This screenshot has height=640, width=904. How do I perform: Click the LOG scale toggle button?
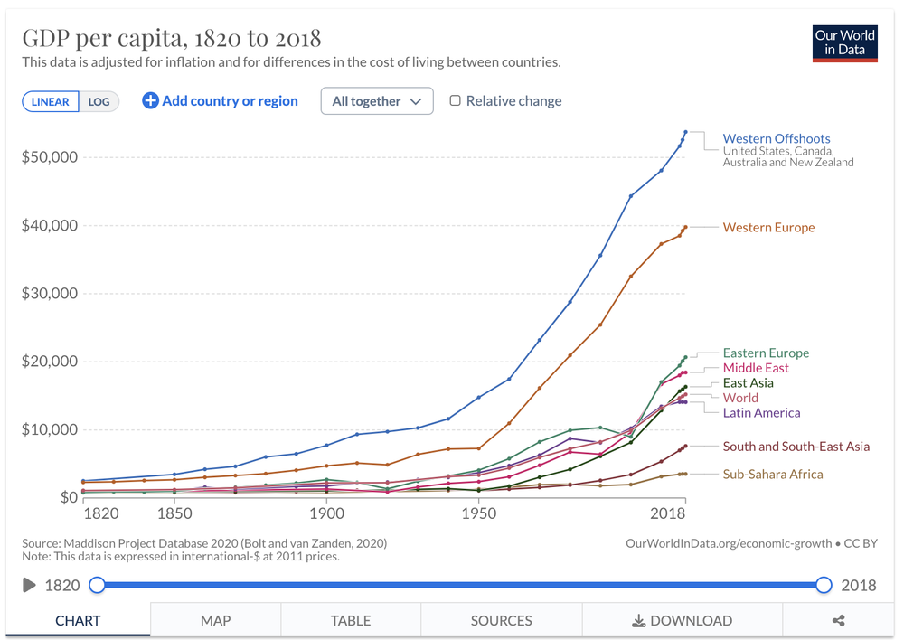click(x=99, y=101)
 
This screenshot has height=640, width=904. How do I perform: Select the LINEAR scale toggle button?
click(x=51, y=101)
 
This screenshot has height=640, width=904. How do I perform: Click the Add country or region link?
click(x=220, y=101)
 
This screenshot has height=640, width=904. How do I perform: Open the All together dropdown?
click(x=377, y=101)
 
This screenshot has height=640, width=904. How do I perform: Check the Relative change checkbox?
click(x=456, y=101)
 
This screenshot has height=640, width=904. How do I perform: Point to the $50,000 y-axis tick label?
click(x=50, y=157)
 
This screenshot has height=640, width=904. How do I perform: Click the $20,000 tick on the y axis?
click(x=50, y=362)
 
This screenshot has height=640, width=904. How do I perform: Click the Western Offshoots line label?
click(x=776, y=139)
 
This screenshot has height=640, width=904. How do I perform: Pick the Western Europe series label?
click(x=768, y=228)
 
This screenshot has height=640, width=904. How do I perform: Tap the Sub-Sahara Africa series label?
click(x=773, y=474)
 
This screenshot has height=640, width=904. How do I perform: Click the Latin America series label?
click(x=761, y=413)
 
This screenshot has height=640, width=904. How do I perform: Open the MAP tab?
click(x=215, y=620)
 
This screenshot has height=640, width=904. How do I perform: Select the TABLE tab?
click(x=351, y=620)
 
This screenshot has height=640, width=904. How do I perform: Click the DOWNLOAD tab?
click(x=682, y=620)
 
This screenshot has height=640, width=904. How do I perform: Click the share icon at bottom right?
click(x=838, y=620)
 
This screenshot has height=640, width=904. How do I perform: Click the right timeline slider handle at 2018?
click(x=824, y=585)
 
